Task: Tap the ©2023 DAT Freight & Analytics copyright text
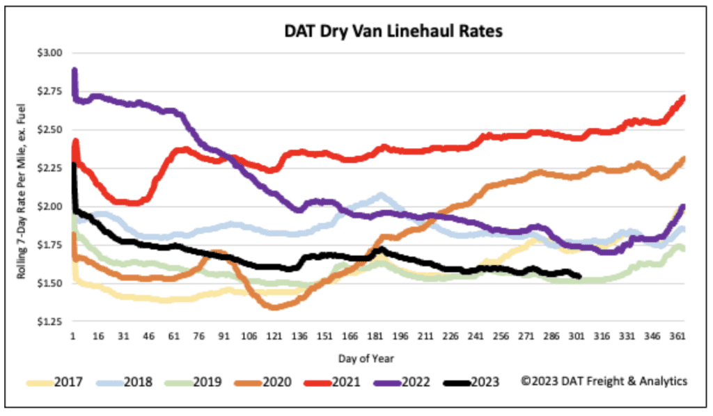click(604, 381)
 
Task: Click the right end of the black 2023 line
click(579, 277)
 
